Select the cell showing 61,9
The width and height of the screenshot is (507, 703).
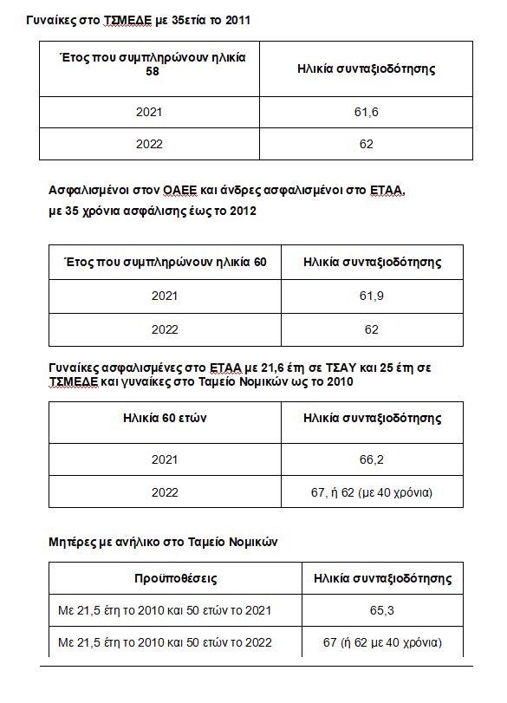(372, 296)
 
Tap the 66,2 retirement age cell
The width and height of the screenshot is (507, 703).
(372, 459)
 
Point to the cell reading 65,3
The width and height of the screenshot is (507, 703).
(382, 610)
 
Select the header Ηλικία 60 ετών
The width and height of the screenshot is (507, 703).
(165, 418)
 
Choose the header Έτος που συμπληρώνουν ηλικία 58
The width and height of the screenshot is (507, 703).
(153, 64)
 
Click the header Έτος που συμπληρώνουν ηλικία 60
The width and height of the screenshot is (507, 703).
(165, 262)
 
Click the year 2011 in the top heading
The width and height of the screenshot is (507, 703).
(234, 19)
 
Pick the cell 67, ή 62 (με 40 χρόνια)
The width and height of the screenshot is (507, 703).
(372, 492)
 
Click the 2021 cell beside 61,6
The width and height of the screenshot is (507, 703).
(149, 113)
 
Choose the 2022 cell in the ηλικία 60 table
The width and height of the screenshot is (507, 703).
(165, 329)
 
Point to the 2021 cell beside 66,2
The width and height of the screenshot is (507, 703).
(165, 459)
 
